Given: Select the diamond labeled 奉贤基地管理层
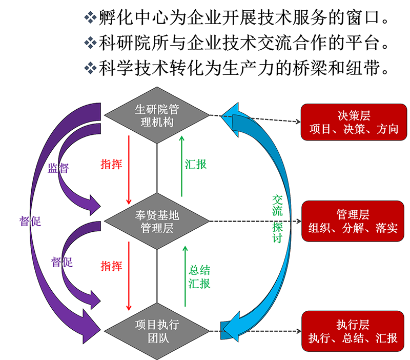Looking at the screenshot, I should click(157, 221).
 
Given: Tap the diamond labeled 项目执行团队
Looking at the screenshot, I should click(157, 331).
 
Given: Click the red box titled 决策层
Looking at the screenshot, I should click(354, 122).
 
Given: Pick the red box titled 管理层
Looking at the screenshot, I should click(354, 221).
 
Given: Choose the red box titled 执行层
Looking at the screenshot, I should click(354, 331).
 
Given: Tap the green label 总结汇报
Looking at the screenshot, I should click(199, 277).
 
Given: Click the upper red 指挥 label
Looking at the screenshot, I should click(111, 164).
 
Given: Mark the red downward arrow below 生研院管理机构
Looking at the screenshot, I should click(129, 169).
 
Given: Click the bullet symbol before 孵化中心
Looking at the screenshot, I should click(90, 18).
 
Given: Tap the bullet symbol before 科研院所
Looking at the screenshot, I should click(90, 42).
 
